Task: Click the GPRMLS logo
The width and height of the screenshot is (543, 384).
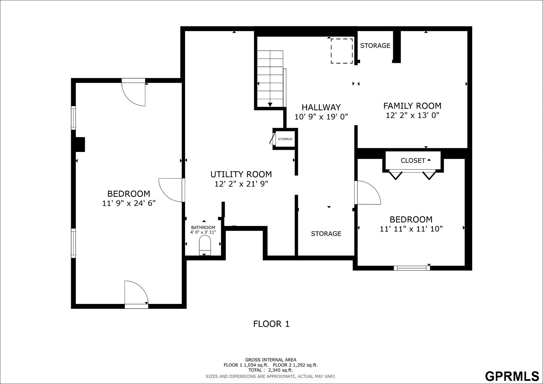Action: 512,376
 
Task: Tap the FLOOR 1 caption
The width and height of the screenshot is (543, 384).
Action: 271,324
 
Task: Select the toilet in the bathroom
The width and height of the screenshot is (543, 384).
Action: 205,245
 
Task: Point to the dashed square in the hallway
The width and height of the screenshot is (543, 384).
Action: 342,51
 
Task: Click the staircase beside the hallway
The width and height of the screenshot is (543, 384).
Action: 270,78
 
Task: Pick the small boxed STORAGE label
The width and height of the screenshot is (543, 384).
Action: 285,139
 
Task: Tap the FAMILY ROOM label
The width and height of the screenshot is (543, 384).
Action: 412,106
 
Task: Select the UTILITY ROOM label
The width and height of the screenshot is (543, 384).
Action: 241,174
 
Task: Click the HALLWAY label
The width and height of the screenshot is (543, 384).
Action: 321,107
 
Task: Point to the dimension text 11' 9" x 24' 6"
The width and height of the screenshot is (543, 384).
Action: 129,203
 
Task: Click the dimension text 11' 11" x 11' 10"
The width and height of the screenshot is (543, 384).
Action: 411,229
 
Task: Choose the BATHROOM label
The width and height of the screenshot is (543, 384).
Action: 203,228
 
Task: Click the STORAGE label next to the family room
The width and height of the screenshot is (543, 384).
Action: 375,46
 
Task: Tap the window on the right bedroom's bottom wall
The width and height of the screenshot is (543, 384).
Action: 412,268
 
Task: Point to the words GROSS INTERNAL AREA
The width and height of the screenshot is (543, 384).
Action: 271,360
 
